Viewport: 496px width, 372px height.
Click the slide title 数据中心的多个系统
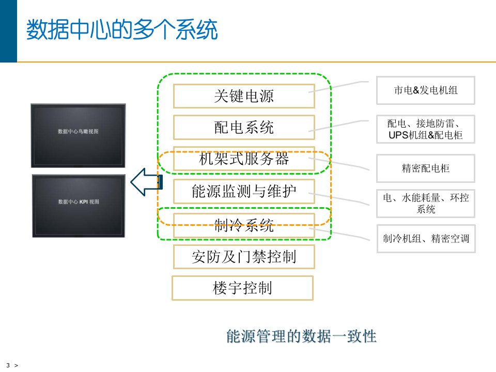(x=122, y=30)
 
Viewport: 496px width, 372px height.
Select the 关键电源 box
(x=244, y=96)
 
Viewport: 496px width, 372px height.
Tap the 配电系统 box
(x=244, y=127)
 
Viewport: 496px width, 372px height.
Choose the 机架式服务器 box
(x=244, y=159)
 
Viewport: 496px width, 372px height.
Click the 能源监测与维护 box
(x=244, y=192)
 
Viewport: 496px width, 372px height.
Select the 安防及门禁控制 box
(x=244, y=256)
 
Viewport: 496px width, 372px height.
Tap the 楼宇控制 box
(x=242, y=288)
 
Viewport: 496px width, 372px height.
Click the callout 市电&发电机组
(x=426, y=90)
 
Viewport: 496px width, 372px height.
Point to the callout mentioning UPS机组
(x=426, y=129)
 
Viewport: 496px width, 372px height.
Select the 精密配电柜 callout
(x=426, y=168)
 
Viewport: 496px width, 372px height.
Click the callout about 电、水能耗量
(x=426, y=203)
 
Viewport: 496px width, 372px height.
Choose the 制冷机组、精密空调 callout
(x=426, y=239)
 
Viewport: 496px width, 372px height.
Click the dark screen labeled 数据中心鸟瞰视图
(x=78, y=135)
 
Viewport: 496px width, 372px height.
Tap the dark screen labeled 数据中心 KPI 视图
(x=79, y=206)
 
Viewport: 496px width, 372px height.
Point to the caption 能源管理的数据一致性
(x=301, y=337)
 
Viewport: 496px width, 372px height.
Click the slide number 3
(x=8, y=365)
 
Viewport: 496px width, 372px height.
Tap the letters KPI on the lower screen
(x=84, y=202)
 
